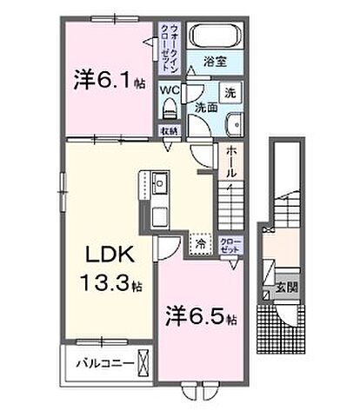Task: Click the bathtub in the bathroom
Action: [x=214, y=38]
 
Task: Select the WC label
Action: [x=169, y=90]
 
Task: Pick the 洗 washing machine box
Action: [x=229, y=90]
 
